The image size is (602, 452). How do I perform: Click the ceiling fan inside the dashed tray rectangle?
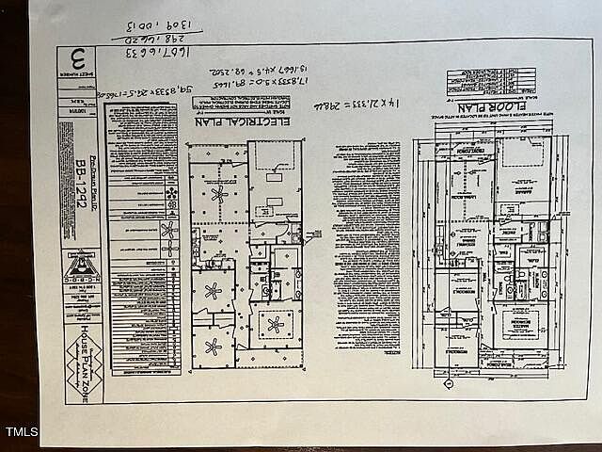(275, 324)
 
